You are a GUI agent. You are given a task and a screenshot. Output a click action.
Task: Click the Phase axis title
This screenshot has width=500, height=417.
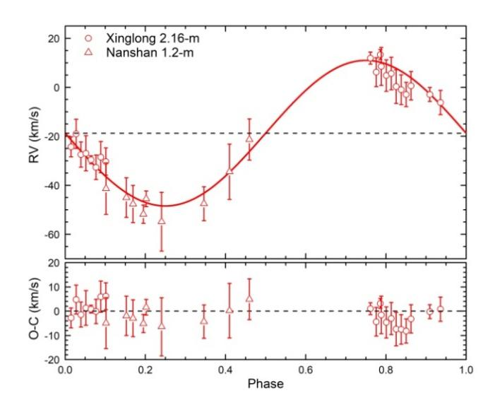click(x=266, y=386)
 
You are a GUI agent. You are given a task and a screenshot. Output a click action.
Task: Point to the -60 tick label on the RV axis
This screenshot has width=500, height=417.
click(x=50, y=234)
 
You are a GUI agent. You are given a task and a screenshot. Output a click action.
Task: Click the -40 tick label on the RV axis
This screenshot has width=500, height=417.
click(x=50, y=185)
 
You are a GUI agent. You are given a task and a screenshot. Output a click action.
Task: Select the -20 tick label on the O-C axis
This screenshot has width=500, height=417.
click(x=50, y=359)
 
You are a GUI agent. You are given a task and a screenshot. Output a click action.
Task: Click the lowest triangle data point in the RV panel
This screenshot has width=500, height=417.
click(x=162, y=221)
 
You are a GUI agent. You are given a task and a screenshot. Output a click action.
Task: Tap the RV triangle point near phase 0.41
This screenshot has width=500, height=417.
click(x=230, y=171)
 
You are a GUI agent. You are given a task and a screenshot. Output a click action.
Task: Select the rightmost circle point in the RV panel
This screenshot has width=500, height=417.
click(x=440, y=102)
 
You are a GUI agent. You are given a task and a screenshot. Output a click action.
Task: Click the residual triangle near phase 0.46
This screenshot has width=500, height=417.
click(x=249, y=298)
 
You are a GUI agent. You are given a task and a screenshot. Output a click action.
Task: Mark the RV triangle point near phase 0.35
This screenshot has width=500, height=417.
click(x=204, y=203)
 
